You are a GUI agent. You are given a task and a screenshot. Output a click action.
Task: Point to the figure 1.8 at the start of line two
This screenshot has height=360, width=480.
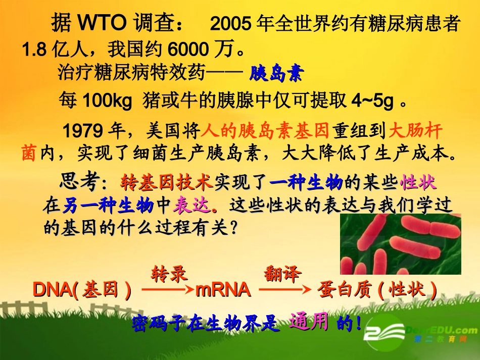pyautogui.click(x=34, y=49)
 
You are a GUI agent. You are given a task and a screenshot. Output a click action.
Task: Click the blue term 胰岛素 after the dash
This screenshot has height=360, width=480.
pyautogui.click(x=276, y=74)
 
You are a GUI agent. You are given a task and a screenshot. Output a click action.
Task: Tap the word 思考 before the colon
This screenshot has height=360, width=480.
pyautogui.click(x=76, y=181)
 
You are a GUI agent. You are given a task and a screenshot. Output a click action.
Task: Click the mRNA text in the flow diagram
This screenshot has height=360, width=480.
pyautogui.click(x=223, y=290)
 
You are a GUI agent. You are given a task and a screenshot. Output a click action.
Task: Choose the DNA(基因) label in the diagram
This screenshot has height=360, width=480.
pyautogui.click(x=82, y=290)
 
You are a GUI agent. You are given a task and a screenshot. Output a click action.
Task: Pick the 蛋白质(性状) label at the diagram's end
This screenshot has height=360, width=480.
pyautogui.click(x=377, y=290)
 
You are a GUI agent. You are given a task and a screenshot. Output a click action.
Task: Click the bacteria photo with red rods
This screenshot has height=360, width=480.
pyautogui.click(x=400, y=244)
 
